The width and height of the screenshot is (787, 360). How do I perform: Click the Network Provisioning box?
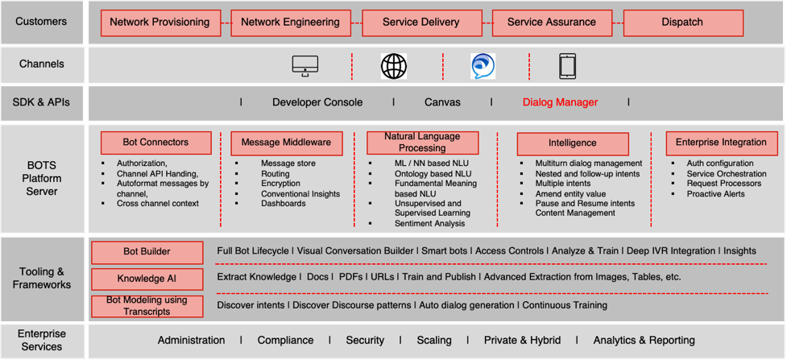[159, 23]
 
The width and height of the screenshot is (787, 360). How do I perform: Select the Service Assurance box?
[551, 23]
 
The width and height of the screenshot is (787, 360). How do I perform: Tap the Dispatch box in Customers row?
[682, 23]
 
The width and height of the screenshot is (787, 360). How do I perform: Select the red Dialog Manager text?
[560, 102]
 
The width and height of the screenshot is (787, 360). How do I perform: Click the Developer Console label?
[317, 102]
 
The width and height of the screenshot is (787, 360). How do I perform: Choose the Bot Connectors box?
[155, 143]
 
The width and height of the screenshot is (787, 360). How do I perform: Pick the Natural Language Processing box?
[422, 143]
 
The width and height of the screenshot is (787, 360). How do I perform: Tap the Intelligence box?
[572, 143]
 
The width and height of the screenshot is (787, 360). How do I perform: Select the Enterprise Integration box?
[721, 143]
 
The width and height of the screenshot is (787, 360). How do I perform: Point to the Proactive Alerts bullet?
[715, 194]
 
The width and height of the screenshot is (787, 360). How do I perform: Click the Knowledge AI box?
[147, 279]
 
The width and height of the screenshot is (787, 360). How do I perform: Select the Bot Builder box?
[147, 251]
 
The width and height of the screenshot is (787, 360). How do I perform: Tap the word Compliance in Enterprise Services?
[285, 340]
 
